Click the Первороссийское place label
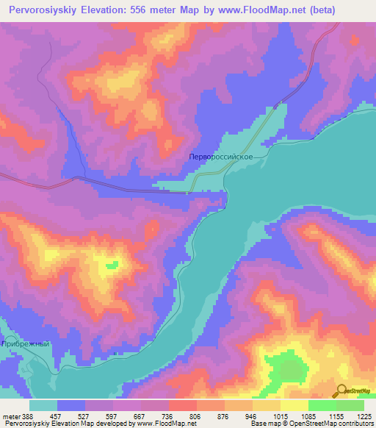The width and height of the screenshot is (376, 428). coord(220,157)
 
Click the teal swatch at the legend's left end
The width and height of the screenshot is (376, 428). coord(43,405)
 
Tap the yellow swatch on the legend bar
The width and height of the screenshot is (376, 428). coord(294,405)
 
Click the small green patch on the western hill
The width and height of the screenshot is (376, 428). coord(112,265)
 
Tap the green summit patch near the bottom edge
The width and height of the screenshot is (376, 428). coord(290,368)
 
